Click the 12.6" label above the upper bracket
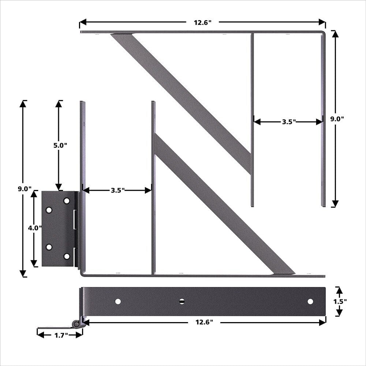[x=202, y=22]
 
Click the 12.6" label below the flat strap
[x=204, y=322]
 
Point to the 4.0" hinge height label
[x=35, y=228]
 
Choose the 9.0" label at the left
[x=25, y=189]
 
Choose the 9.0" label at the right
[x=337, y=119]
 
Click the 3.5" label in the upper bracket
[x=289, y=122]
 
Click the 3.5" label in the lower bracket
[x=118, y=190]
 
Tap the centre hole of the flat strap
[x=182, y=301]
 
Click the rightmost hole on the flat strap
[x=310, y=301]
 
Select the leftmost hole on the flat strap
[x=118, y=301]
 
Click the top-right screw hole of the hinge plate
[x=67, y=201]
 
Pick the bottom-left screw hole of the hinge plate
[x=49, y=247]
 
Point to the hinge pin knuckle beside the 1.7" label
[x=76, y=324]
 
